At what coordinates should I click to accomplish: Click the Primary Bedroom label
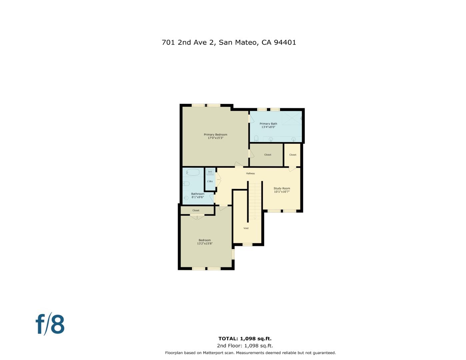point(215,135)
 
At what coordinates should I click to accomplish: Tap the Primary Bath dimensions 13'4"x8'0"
point(268,127)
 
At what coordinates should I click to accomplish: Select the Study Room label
point(282,188)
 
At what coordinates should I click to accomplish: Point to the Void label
point(246,228)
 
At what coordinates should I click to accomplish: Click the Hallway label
point(250,173)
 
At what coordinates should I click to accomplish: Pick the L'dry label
point(210,181)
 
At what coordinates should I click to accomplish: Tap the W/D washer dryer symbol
point(210,172)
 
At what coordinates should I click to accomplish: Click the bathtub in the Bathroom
point(193,172)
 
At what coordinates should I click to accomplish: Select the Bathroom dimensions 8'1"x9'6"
point(198,197)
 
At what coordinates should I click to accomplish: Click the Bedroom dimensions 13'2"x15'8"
point(205,243)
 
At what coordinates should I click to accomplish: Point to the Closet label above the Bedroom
point(196,210)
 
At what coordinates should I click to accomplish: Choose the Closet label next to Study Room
point(293,155)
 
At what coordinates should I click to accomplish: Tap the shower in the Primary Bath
point(292,118)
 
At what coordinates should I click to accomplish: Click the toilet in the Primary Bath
point(256,138)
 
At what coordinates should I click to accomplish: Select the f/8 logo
point(50,324)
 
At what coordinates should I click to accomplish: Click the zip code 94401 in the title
point(285,42)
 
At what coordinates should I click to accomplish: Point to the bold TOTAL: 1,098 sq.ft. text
point(245,339)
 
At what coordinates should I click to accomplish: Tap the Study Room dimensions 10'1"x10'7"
point(282,192)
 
